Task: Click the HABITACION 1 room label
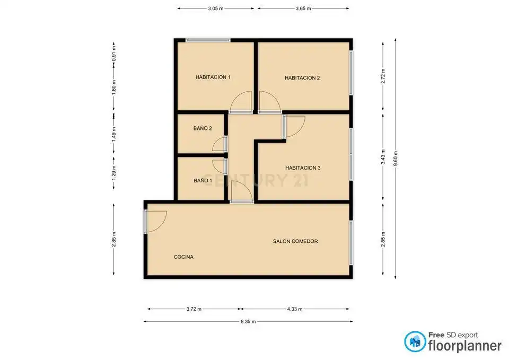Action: coord(213,77)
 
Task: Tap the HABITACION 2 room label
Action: coord(302,78)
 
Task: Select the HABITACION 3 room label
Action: coord(303,168)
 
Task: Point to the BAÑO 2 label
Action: coord(203,128)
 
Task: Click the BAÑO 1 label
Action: coord(203,180)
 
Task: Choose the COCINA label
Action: coord(184,257)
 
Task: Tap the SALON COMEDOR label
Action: coord(295,241)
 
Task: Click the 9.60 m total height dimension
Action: coord(396,159)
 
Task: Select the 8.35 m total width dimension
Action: coord(248,322)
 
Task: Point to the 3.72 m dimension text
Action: coord(194,309)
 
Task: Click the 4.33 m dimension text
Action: coord(295,309)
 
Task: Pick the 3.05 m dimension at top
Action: coord(216,8)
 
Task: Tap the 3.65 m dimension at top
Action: coord(303,8)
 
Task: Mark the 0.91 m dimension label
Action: coord(113,53)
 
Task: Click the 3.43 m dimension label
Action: coord(383,157)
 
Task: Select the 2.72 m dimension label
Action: coord(383,76)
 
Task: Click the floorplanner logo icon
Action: coord(415,341)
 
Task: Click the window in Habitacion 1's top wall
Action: coord(208,41)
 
